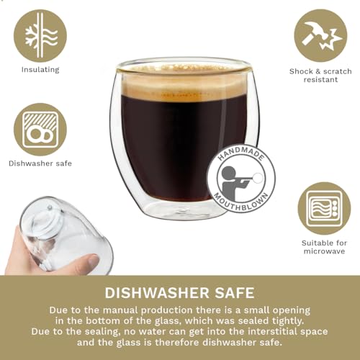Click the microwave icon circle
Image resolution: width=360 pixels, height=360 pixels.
click(x=324, y=208)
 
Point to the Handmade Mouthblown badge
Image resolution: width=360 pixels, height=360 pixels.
click(x=240, y=178)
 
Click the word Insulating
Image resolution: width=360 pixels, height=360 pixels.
click(x=40, y=70)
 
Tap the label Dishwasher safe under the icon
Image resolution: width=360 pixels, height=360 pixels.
click(x=40, y=163)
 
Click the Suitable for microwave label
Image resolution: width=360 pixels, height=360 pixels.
click(x=325, y=246)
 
